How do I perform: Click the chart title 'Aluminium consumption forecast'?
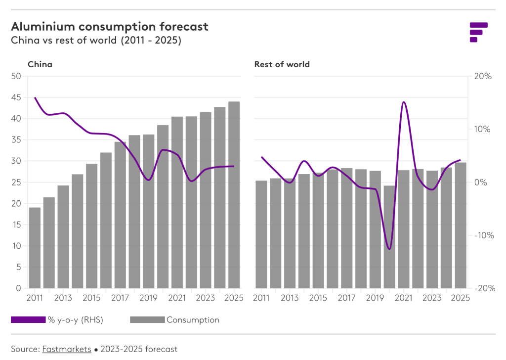[110, 26]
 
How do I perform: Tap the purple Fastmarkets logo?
[478, 32]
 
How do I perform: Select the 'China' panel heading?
[40, 64]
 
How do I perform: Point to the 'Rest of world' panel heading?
[282, 64]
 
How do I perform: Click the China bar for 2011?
[35, 247]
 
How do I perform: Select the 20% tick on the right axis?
[482, 76]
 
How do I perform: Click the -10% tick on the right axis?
[481, 235]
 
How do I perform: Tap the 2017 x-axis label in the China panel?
[120, 298]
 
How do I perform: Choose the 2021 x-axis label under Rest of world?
[404, 298]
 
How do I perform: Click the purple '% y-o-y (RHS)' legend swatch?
[28, 320]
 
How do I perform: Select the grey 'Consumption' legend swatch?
[147, 320]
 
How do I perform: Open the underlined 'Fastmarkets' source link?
[67, 349]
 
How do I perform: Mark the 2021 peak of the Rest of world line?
[404, 102]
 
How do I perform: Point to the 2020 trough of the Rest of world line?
[389, 249]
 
